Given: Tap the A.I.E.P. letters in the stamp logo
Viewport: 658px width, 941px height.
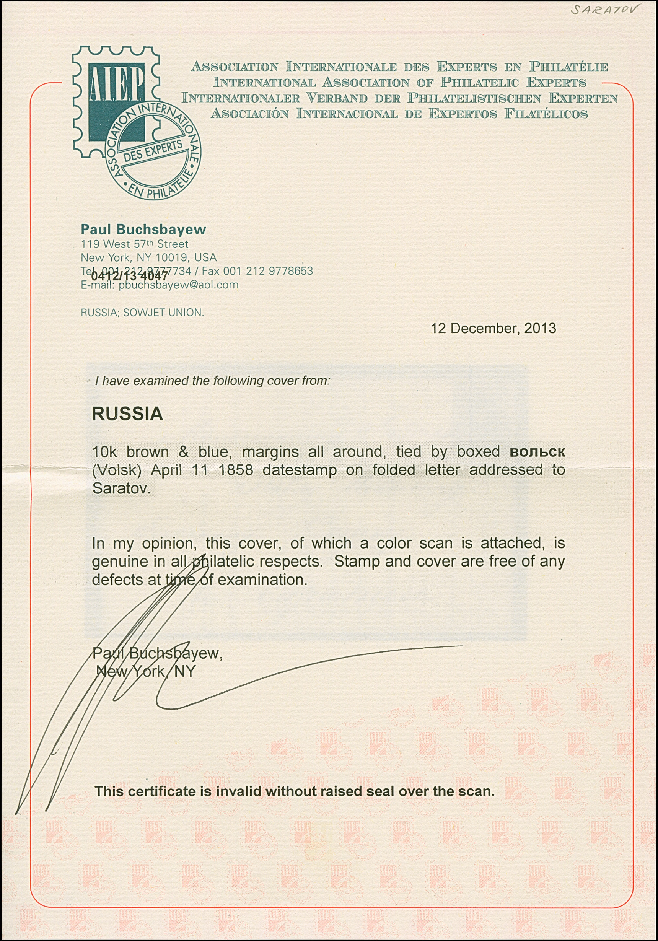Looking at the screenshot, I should click(x=116, y=87).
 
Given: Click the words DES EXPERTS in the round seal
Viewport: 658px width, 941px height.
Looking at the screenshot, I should click(x=153, y=151).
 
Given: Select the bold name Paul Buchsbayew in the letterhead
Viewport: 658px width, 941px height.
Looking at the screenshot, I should click(x=143, y=229).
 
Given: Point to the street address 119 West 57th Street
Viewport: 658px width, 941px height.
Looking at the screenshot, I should click(x=135, y=244).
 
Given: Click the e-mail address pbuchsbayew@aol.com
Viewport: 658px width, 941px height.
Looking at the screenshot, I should click(x=178, y=285).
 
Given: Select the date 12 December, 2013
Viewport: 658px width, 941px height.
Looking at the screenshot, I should click(x=493, y=328).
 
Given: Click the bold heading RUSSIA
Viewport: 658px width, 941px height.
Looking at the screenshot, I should click(x=127, y=414).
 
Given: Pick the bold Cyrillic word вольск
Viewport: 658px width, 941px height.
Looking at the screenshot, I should click(x=537, y=452).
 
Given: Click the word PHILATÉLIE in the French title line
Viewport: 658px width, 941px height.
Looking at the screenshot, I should click(x=568, y=67).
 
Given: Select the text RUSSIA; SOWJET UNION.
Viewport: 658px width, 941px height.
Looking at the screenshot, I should click(x=142, y=313).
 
